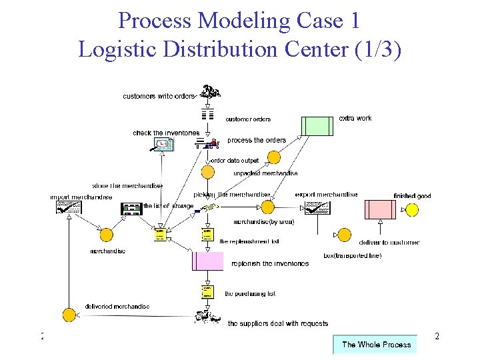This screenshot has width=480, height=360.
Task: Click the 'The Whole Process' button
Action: tap(375, 344)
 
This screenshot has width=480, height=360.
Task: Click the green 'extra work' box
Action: tap(317, 126)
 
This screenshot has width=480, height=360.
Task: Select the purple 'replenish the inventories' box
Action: tap(207, 261)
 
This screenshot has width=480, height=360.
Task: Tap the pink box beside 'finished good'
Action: tap(379, 209)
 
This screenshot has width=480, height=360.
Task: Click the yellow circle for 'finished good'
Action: tap(412, 210)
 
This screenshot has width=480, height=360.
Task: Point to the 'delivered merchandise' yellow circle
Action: tap(69, 315)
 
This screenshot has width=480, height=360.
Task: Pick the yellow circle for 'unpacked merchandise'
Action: tap(273, 158)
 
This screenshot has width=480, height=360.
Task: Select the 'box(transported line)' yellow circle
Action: tap(344, 235)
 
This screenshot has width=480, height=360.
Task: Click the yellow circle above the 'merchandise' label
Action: tap(106, 235)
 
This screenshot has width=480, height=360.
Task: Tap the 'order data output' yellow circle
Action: tap(207, 172)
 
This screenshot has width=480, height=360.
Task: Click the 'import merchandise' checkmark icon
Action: tap(69, 208)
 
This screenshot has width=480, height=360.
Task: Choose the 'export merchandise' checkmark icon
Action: tap(314, 209)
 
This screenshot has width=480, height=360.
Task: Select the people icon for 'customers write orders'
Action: tap(211, 92)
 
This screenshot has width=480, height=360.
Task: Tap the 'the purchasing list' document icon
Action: tap(207, 292)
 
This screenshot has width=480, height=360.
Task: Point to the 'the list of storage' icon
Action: tap(131, 209)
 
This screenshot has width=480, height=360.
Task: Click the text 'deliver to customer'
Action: tap(389, 243)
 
